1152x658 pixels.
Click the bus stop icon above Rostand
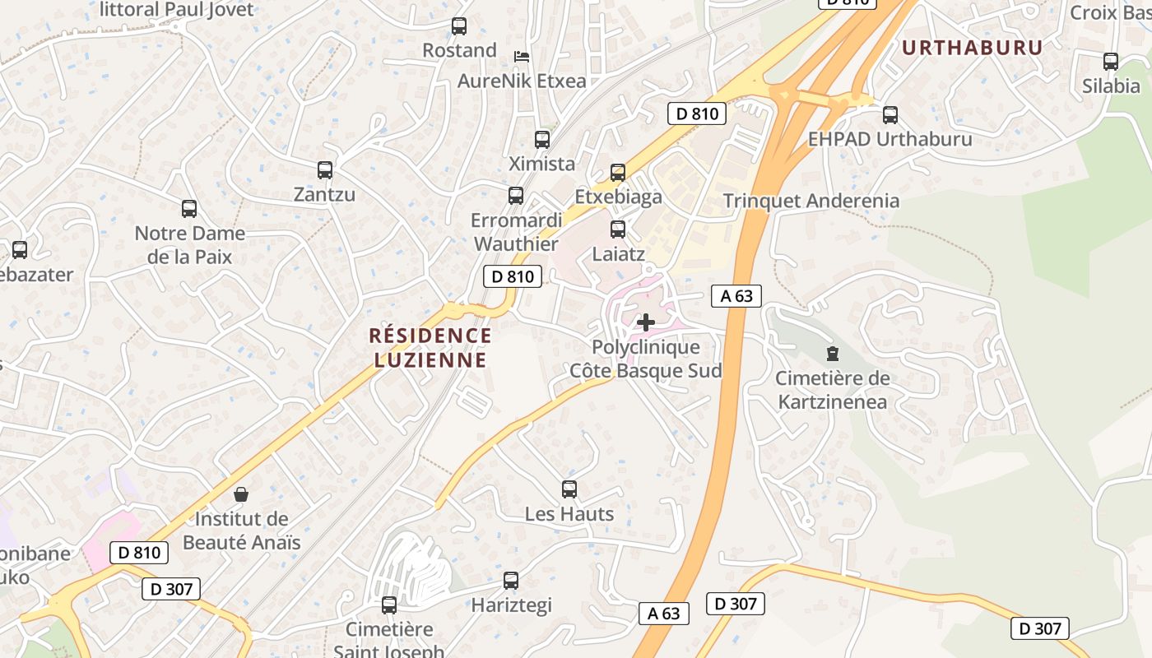[x=459, y=26]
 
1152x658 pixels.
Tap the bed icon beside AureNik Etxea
[x=522, y=57]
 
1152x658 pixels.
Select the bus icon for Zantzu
[x=325, y=170]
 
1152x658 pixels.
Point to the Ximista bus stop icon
[x=541, y=140]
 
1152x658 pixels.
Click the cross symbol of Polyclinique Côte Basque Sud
[x=646, y=322]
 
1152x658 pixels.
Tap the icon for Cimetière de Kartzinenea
[x=833, y=354]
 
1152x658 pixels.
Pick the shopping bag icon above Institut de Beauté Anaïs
[x=241, y=494]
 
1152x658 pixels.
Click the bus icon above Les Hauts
[x=569, y=489]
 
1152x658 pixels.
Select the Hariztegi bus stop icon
[x=511, y=581]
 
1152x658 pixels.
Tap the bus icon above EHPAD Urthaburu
[x=890, y=115]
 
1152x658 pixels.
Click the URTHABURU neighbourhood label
[x=972, y=48]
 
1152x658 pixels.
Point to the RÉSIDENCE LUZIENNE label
[x=430, y=347]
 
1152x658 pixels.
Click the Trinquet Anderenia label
[x=811, y=201]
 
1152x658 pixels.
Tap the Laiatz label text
[x=618, y=254]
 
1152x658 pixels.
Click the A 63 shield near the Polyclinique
[x=736, y=296]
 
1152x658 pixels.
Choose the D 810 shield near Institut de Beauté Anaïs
[x=139, y=553]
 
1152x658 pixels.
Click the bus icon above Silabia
[x=1110, y=61]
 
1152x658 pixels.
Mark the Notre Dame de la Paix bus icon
[x=189, y=209]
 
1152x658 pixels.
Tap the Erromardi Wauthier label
[x=516, y=232]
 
